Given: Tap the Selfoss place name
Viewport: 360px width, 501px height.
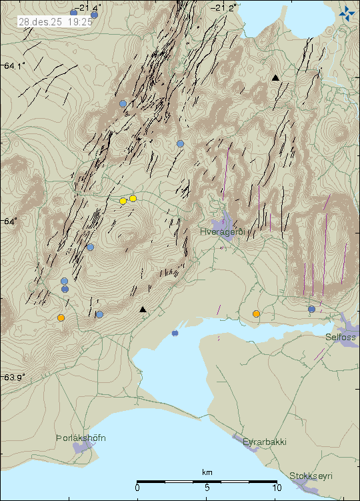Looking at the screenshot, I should coord(341,338).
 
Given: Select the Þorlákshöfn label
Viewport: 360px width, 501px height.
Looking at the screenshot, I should coord(81,438).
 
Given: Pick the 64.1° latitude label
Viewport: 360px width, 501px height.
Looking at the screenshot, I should coord(15,65).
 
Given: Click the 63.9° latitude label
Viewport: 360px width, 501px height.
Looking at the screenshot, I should coord(15,377).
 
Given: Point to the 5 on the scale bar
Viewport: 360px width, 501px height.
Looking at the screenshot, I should coord(207,488).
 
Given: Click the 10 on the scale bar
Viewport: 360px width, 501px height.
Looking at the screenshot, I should coord(277,488).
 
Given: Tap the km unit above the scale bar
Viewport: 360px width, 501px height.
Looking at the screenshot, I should coord(207,473).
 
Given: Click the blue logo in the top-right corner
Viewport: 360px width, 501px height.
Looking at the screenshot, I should coord(347,11).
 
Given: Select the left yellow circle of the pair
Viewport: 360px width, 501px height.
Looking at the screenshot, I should coord(123,201).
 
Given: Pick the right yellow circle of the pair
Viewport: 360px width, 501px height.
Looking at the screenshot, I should coord(133,198).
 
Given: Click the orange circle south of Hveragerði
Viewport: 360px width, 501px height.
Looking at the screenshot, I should coord(256,314).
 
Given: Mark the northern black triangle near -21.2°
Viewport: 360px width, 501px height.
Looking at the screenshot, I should coord(275,78).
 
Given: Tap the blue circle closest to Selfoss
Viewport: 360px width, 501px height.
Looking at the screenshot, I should coord(311,309).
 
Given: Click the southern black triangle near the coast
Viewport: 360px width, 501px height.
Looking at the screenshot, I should coord(143,310).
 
